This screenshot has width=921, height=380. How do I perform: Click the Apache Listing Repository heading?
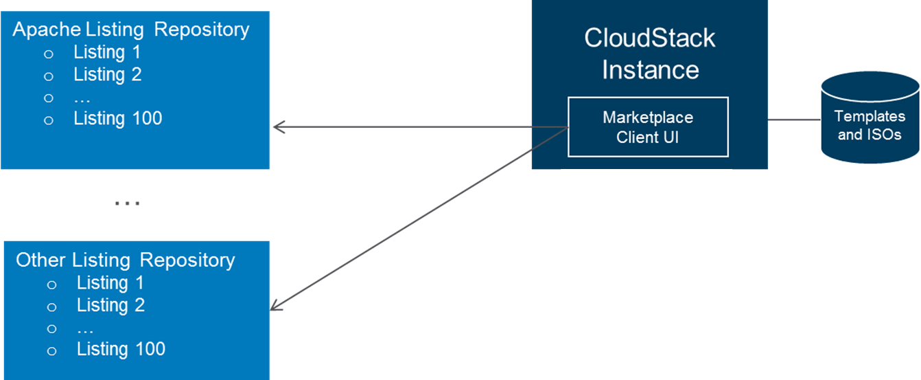click(131, 30)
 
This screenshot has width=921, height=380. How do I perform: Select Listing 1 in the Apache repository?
click(107, 52)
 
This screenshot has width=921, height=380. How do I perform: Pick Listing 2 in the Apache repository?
click(108, 74)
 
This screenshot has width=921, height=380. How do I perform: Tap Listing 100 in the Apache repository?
click(117, 119)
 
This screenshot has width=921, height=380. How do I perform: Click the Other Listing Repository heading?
click(126, 260)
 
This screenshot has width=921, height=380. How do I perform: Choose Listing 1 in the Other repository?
click(110, 283)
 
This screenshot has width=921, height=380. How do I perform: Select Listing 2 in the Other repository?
click(111, 305)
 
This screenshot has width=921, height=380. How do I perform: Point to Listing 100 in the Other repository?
click(121, 349)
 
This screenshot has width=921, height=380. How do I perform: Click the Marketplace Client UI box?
click(648, 127)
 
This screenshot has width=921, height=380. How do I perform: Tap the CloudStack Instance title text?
click(650, 54)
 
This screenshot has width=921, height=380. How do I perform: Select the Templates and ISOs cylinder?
click(870, 118)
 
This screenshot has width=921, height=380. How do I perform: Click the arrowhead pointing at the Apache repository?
click(279, 127)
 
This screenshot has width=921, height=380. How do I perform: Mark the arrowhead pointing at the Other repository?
click(275, 306)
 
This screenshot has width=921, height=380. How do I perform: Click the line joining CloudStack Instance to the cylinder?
click(794, 120)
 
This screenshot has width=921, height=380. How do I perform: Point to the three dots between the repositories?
click(128, 203)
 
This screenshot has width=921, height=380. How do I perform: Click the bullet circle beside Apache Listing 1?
click(49, 54)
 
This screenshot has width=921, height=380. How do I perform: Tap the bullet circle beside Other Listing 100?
click(51, 351)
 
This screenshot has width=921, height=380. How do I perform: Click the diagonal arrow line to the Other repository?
click(419, 219)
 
